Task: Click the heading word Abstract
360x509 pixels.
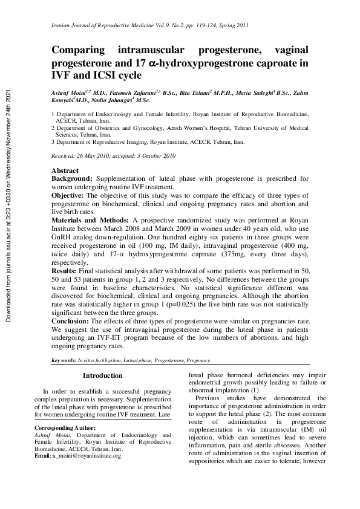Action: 65,171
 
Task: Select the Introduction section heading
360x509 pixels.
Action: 102,376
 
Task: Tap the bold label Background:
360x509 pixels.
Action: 72,179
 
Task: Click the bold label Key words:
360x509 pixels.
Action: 64,360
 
